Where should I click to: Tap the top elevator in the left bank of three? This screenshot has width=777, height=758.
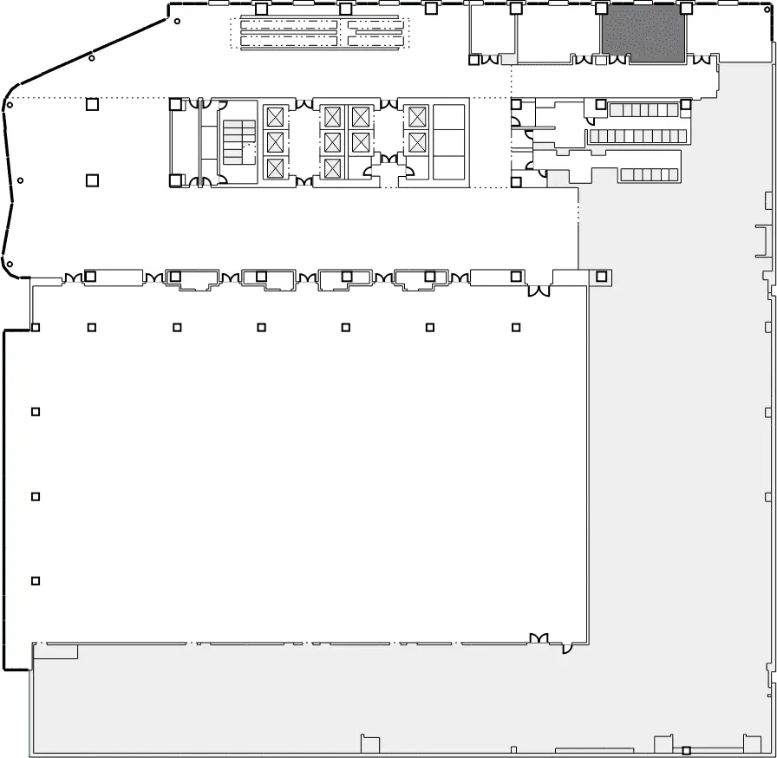[x=275, y=115]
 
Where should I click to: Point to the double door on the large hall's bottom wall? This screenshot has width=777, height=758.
[x=539, y=639]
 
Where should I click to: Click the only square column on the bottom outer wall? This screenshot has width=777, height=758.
[x=686, y=750]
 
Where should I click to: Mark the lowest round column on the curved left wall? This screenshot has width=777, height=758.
[x=10, y=264]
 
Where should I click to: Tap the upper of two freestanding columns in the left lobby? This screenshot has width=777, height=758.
[x=92, y=106]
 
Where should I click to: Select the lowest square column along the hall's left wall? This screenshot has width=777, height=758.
[x=36, y=580]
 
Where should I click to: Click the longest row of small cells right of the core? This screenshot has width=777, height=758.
[x=638, y=136]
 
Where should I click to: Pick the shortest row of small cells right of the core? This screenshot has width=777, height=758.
[x=649, y=174]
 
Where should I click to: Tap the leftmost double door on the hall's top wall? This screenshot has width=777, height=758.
[x=72, y=277]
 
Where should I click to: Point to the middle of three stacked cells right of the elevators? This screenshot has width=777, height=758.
[x=449, y=141]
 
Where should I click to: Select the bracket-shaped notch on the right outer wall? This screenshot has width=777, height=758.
[x=762, y=241]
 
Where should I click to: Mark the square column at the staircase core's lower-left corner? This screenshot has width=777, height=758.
[x=175, y=180]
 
